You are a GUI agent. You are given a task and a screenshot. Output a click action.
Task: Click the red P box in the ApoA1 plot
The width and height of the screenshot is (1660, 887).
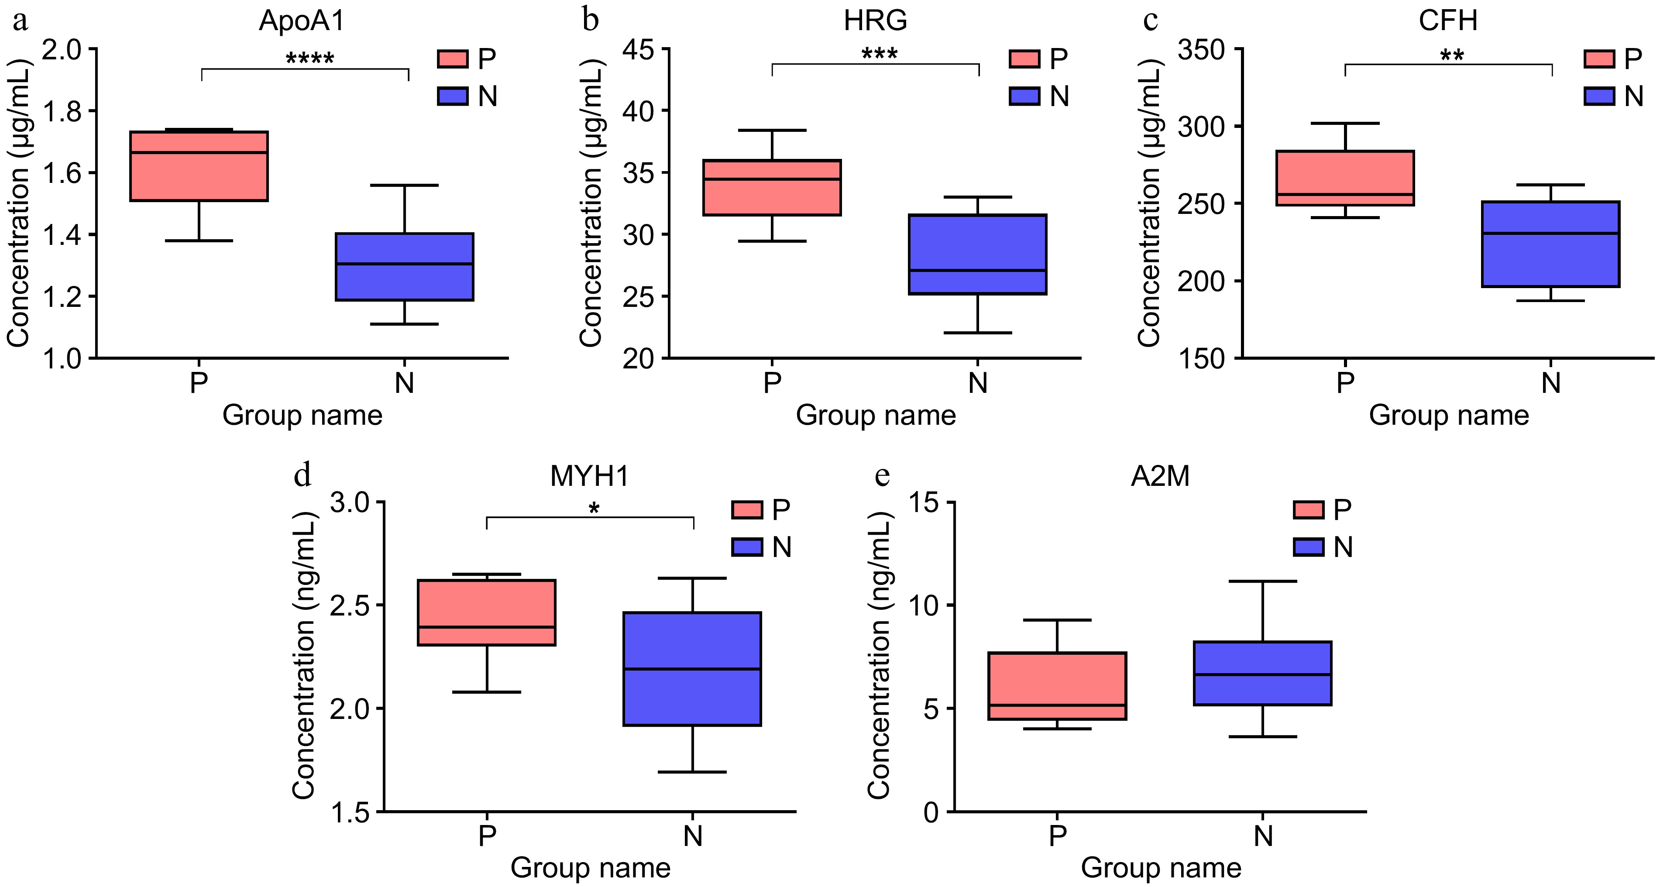tap(199, 166)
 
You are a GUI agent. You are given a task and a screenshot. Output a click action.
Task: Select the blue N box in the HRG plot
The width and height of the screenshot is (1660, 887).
tap(978, 254)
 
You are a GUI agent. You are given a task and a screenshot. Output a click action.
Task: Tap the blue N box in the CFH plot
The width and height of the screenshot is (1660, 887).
tap(1550, 244)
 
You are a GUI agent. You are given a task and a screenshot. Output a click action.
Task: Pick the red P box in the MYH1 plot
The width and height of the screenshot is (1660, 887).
tap(487, 612)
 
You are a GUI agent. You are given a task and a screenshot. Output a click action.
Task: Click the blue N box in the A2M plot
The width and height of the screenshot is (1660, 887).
tap(1263, 673)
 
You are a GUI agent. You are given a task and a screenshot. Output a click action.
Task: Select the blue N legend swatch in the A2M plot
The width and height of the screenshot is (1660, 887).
tap(1309, 547)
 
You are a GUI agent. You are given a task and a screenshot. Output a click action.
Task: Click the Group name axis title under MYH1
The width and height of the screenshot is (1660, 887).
tap(590, 868)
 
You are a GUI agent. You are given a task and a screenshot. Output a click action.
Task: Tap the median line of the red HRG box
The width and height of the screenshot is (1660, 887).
tap(772, 179)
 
